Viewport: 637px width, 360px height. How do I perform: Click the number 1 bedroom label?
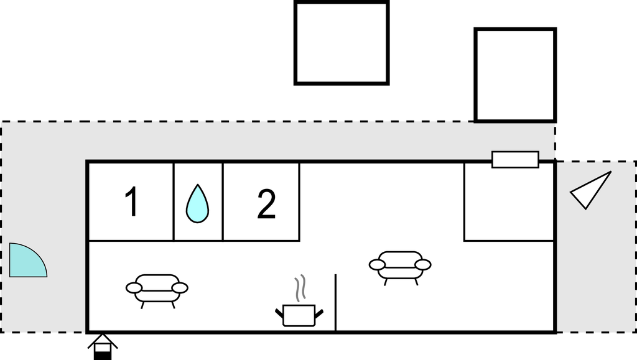pyautogui.click(x=131, y=203)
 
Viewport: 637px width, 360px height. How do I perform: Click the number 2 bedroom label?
pyautogui.click(x=266, y=205)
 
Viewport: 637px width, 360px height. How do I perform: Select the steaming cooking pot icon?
pyautogui.click(x=299, y=313)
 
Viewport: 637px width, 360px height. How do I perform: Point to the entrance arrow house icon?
pyautogui.click(x=103, y=346)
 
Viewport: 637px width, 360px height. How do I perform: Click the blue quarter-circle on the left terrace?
pyautogui.click(x=26, y=261)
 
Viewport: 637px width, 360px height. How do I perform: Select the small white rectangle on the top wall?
pyautogui.click(x=515, y=159)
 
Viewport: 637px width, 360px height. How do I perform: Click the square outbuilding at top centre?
pyautogui.click(x=342, y=43)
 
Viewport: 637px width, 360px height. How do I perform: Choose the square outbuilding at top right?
pyautogui.click(x=515, y=75)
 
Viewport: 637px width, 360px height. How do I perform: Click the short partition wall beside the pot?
pyautogui.click(x=336, y=302)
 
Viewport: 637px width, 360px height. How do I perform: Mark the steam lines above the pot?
pyautogui.click(x=301, y=287)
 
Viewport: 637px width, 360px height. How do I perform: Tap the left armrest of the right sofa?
pyautogui.click(x=377, y=265)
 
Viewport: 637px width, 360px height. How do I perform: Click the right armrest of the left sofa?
pyautogui.click(x=180, y=288)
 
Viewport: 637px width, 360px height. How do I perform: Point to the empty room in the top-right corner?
pyautogui.click(x=509, y=201)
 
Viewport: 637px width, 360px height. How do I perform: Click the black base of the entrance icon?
pyautogui.click(x=103, y=355)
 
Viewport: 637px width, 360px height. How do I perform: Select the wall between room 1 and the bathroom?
pyautogui.click(x=174, y=201)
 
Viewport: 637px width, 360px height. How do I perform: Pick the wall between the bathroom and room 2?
pyautogui.click(x=223, y=201)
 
